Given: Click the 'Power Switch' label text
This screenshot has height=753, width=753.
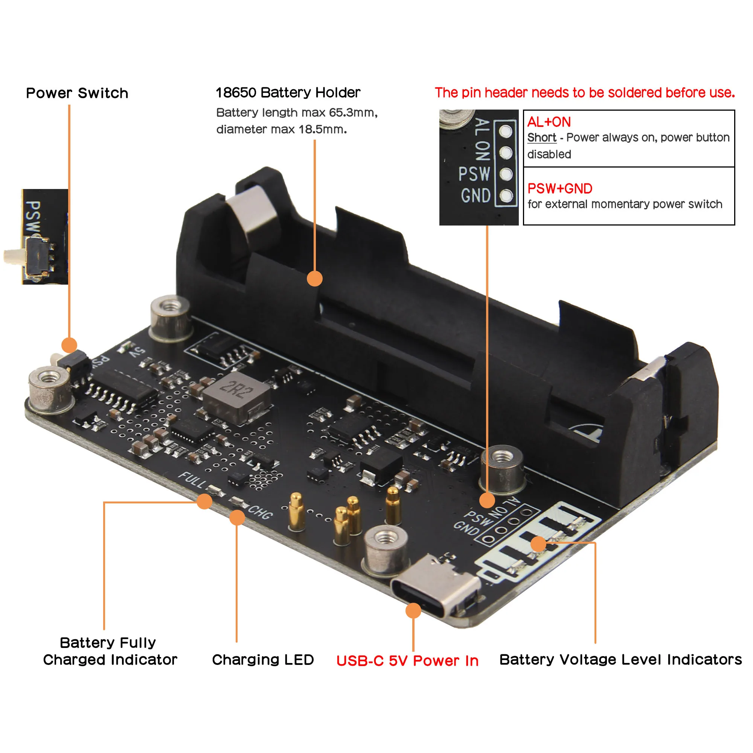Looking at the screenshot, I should point(77,93).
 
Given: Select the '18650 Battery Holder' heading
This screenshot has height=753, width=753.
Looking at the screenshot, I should point(288,92).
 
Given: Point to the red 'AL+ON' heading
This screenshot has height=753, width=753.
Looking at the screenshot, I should point(549,122).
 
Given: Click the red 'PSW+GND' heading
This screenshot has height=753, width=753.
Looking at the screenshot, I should point(560,189).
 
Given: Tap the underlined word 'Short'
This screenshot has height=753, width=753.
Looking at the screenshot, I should point(541,137).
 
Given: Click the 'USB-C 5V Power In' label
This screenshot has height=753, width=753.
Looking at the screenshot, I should point(407,661).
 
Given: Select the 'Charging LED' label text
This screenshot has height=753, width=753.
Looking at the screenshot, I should point(263,660).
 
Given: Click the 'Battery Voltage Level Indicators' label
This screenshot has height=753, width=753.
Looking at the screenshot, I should point(620,660).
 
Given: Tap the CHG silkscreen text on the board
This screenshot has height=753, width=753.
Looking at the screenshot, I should point(261,512).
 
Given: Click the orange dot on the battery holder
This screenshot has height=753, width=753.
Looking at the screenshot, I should point(314,278).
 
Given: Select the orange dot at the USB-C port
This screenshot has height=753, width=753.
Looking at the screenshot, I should point(413,611).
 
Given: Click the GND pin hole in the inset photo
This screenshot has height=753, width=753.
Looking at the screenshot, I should point(506,196).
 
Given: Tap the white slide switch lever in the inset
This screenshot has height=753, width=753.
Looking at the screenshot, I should point(14,256).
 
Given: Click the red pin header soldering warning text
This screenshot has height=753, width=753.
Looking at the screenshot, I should point(585,93).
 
